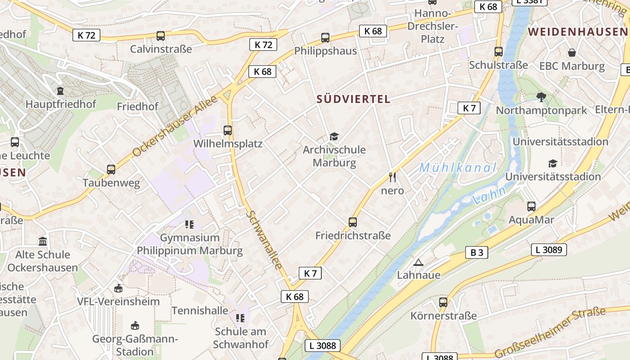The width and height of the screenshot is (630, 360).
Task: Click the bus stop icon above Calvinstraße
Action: point(160,36)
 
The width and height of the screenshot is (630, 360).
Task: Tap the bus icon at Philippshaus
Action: point(325,38)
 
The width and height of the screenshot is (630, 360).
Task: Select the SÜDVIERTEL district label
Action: point(353,99)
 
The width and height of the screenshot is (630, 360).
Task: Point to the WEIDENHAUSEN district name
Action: point(577,31)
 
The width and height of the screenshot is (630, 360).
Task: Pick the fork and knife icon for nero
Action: point(392,177)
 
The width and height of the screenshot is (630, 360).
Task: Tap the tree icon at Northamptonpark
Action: point(541,97)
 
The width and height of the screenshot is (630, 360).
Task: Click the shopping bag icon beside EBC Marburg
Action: point(571,53)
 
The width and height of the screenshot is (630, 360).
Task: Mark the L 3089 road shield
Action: point(549,250)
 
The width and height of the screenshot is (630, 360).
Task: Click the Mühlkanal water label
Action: point(458,168)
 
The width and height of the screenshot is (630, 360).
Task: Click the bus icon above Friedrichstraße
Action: point(353,222)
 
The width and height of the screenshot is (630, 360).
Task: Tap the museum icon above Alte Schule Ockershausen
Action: point(43,242)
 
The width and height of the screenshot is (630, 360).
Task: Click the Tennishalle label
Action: point(200,310)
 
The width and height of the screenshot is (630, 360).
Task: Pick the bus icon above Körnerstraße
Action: point(443,302)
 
